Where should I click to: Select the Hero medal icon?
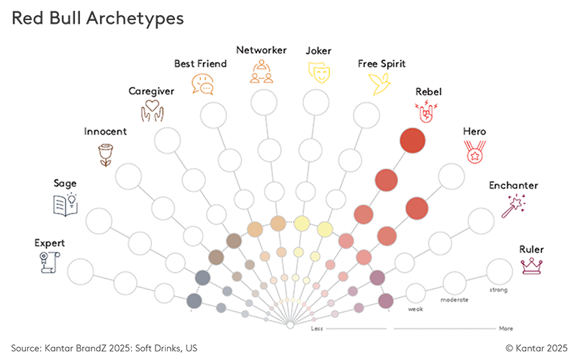point(474,152)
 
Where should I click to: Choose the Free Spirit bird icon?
point(381,84)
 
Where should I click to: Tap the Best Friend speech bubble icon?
point(202,84)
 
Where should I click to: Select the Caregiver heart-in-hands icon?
point(151,110)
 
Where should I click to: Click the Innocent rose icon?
point(106,153)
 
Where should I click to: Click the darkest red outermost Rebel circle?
point(413,140)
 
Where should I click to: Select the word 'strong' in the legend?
point(498,290)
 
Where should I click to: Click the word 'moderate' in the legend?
point(454,299)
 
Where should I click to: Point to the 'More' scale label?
point(506,328)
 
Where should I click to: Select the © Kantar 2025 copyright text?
point(536,347)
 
